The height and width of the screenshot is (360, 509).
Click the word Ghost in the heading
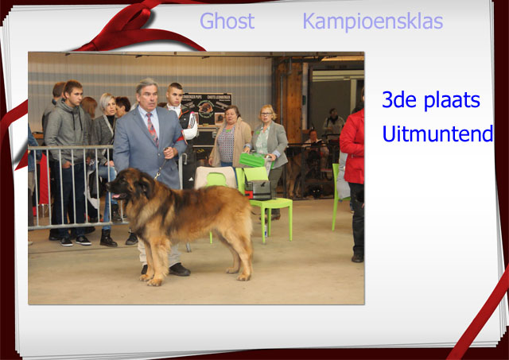click(x=227, y=21)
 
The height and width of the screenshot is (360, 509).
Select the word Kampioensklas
click(x=373, y=21)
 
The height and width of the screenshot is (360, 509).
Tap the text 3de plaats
click(x=431, y=100)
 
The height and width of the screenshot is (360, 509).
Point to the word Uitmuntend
click(x=437, y=133)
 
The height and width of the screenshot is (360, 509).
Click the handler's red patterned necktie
click(x=152, y=128)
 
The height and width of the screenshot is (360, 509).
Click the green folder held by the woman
click(x=253, y=160)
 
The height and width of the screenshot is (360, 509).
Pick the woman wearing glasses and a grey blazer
click(x=269, y=153)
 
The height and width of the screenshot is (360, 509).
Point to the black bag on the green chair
click(x=258, y=190)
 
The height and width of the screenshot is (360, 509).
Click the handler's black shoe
click(x=179, y=269)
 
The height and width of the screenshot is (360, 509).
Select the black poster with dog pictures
click(x=207, y=109)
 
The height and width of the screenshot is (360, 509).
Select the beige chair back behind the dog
click(x=216, y=177)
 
